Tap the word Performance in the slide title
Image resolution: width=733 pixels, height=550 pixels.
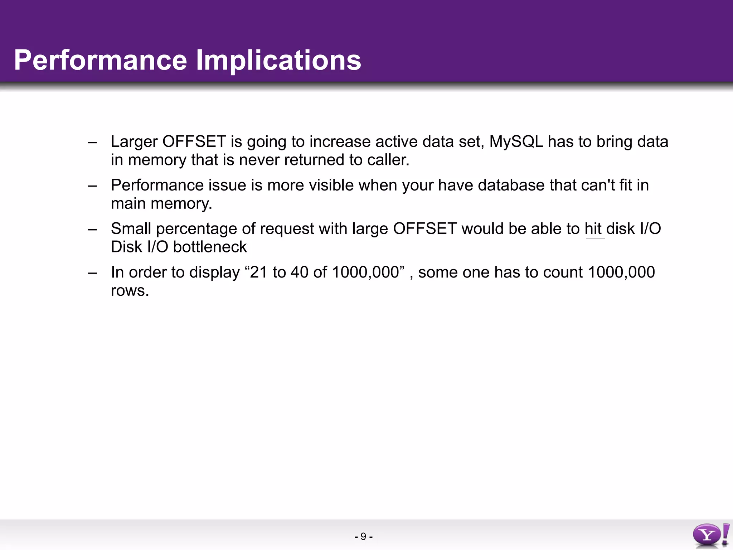point(101,60)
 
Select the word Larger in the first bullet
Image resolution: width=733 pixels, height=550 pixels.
point(134,142)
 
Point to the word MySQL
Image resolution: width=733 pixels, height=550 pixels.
point(516,142)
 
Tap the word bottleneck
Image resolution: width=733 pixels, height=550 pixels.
point(210,247)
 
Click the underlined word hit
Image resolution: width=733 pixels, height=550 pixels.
point(593,229)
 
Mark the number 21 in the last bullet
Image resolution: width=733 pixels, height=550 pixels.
point(259,272)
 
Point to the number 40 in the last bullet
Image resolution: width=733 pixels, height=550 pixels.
point(300,272)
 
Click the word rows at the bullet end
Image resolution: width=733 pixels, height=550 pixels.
point(129,291)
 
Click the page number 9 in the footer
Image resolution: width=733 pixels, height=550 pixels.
point(363,536)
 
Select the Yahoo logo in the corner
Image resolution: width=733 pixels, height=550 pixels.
point(711,535)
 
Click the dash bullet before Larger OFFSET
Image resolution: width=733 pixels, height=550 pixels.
point(92,142)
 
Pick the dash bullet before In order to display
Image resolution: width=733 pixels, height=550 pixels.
point(92,273)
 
